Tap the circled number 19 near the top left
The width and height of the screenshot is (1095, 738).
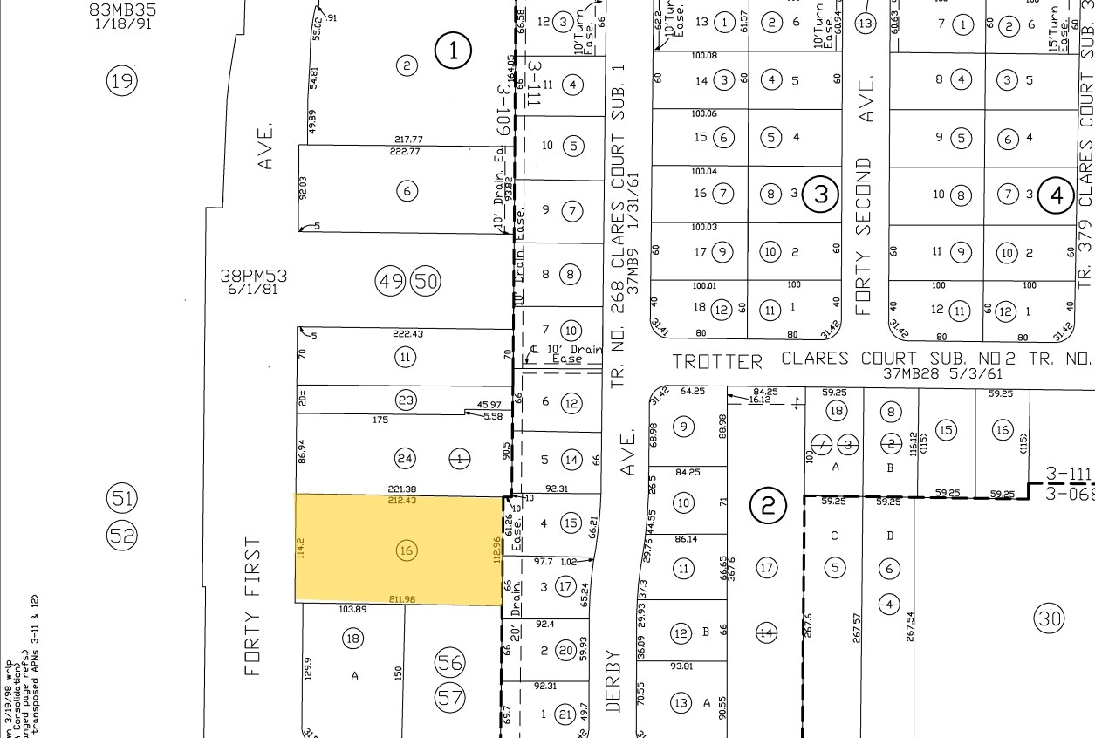122,81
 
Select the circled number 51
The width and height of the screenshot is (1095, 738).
122,499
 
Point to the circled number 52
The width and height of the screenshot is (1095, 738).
122,534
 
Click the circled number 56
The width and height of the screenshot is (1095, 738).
450,663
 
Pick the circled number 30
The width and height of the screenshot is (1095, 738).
1049,618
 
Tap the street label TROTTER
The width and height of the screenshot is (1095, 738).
717,361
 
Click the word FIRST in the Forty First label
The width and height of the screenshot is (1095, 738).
253,571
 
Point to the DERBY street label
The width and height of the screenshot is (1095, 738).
613,680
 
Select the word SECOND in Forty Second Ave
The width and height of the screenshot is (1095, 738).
864,197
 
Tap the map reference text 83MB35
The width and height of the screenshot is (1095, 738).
122,10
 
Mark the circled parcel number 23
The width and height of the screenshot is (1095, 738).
406,400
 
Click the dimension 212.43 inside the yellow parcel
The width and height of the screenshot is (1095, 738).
402,501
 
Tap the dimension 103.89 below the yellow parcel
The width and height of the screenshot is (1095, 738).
352,610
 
